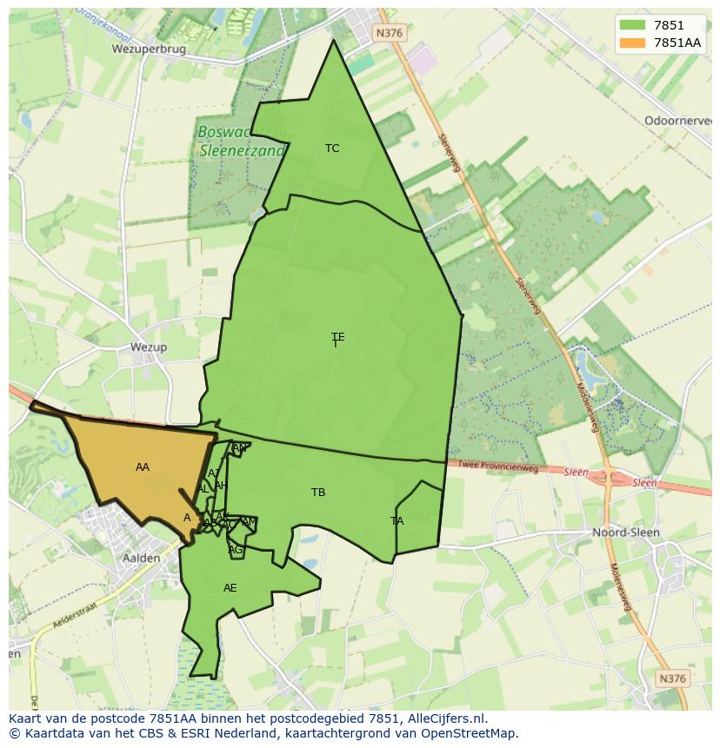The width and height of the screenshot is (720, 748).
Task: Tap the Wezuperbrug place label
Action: (x=149, y=50)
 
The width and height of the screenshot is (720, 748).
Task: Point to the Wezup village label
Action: (x=148, y=347)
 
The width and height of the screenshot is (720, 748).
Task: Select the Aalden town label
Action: (x=141, y=558)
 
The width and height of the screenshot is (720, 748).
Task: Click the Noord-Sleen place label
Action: (x=625, y=532)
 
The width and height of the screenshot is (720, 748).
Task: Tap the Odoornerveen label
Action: (x=678, y=121)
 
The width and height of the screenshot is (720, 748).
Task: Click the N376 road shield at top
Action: (x=390, y=32)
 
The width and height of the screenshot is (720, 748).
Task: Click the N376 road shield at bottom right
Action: (x=672, y=678)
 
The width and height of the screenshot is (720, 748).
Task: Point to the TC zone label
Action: (x=332, y=149)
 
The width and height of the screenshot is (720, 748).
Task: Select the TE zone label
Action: (x=337, y=337)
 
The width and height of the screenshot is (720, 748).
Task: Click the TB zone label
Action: (x=318, y=493)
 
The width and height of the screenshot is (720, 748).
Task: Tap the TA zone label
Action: (x=397, y=521)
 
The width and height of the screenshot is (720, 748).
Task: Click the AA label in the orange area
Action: (x=143, y=467)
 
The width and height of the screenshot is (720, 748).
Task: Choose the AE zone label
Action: (x=230, y=588)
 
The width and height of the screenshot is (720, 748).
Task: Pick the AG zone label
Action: (x=235, y=550)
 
